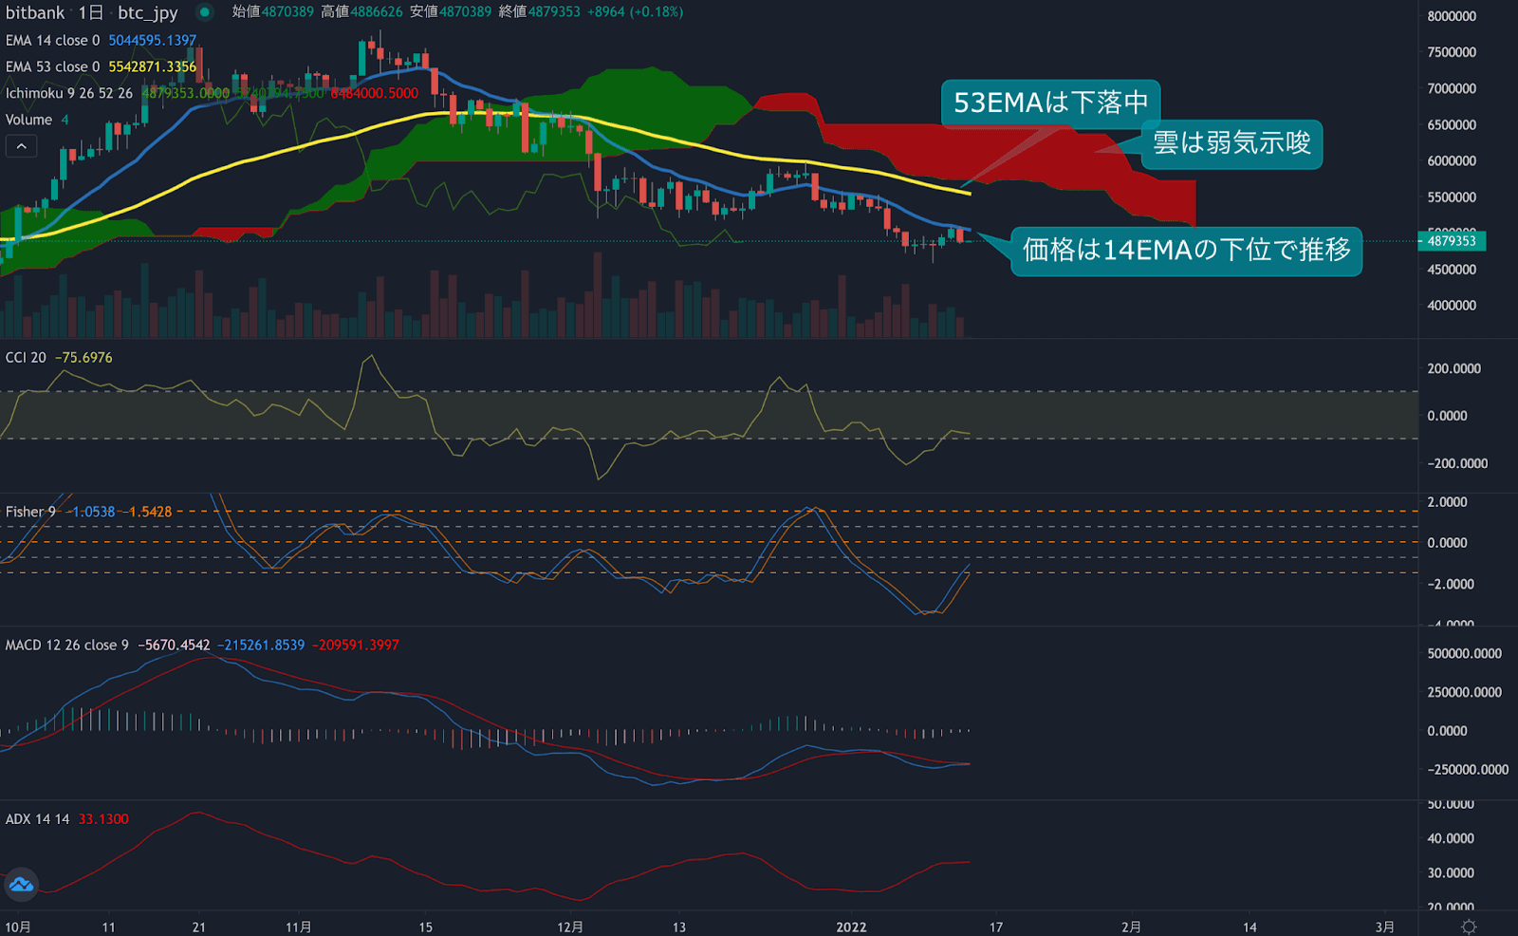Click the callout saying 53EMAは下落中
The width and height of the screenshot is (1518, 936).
(1050, 103)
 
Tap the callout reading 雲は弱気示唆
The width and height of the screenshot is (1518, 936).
(1231, 143)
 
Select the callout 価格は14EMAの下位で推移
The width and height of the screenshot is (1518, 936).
(1186, 251)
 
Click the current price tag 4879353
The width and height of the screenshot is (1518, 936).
(1452, 241)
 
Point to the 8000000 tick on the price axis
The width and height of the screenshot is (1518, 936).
(1452, 16)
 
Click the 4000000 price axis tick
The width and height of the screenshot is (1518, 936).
(1452, 306)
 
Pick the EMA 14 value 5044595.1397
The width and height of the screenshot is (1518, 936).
(152, 41)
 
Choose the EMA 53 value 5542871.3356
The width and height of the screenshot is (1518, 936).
(152, 67)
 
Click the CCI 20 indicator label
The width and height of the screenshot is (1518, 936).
(26, 358)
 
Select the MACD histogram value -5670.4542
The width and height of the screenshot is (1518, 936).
(174, 646)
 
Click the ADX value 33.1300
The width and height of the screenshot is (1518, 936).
(102, 819)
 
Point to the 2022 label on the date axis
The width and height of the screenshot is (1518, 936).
(851, 927)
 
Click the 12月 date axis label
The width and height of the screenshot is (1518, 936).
(570, 927)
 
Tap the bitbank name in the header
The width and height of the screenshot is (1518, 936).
(35, 13)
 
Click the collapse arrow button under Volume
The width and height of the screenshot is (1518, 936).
(22, 146)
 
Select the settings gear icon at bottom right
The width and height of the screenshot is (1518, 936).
(1469, 927)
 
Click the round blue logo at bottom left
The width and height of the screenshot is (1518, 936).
(21, 885)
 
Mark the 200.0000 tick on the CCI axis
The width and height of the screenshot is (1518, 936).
(1453, 369)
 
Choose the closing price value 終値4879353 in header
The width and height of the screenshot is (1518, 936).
(539, 12)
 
